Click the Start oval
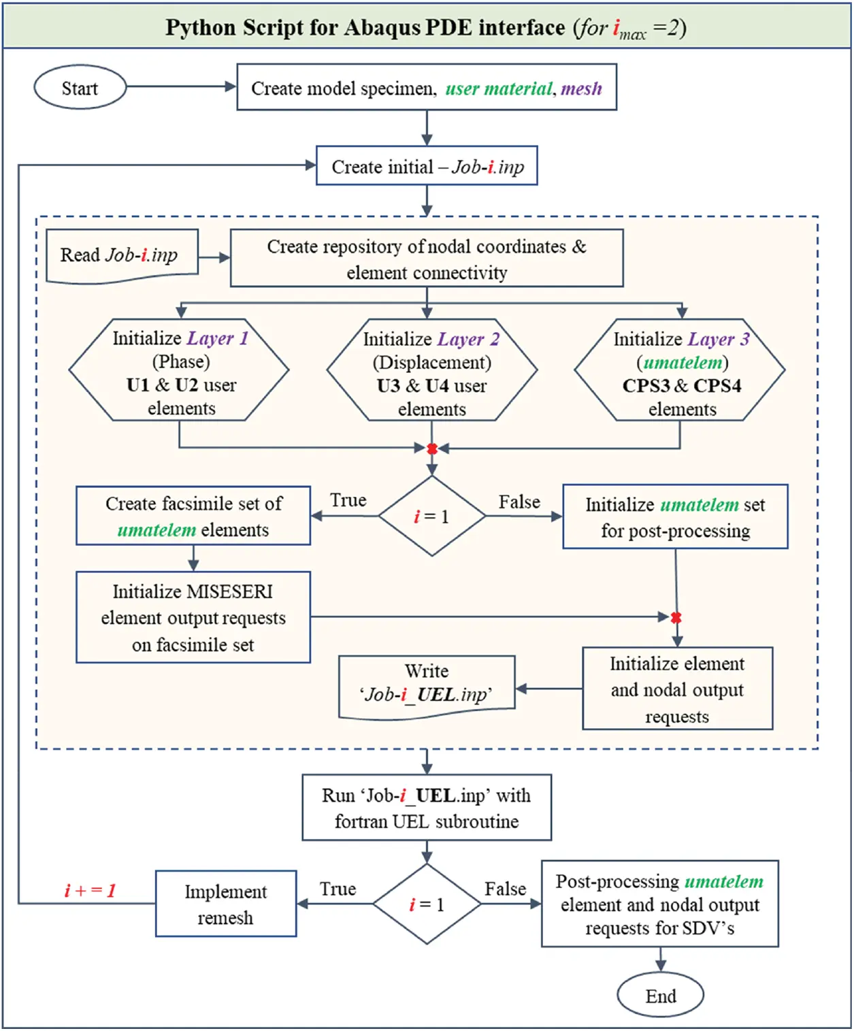point(80,88)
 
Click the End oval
point(660,996)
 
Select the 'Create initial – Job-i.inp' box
point(427,166)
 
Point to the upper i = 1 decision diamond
point(431,517)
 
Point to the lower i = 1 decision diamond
point(427,904)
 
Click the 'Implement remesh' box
point(226,904)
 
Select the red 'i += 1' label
point(90,890)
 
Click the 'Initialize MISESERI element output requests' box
point(193,617)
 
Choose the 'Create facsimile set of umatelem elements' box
point(193,516)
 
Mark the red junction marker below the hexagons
point(431,448)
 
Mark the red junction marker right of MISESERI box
point(676,617)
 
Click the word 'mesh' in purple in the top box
point(581,88)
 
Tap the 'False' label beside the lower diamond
point(505,889)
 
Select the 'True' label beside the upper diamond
point(348,500)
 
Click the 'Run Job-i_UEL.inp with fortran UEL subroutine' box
point(427,808)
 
